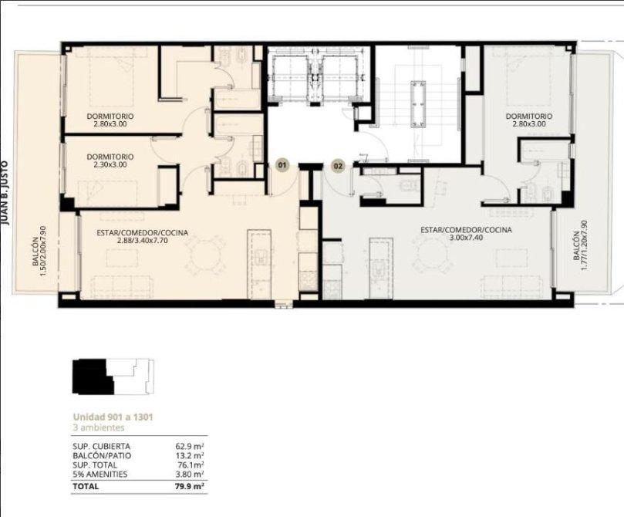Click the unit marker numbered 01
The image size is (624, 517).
(282, 166)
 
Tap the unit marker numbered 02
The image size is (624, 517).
(338, 166)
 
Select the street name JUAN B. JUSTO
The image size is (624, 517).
(5, 193)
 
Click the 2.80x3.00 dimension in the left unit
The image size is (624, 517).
(110, 124)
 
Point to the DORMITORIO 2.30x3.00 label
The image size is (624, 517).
(110, 161)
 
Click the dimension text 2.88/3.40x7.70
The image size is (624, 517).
(142, 241)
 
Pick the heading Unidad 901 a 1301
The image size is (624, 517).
(113, 417)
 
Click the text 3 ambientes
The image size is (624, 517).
(98, 427)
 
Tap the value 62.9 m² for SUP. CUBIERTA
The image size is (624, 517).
(187, 447)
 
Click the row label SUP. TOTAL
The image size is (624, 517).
(95, 465)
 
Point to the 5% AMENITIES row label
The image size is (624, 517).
(100, 475)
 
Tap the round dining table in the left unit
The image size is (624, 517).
(205, 255)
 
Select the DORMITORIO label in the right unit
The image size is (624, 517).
(529, 117)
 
